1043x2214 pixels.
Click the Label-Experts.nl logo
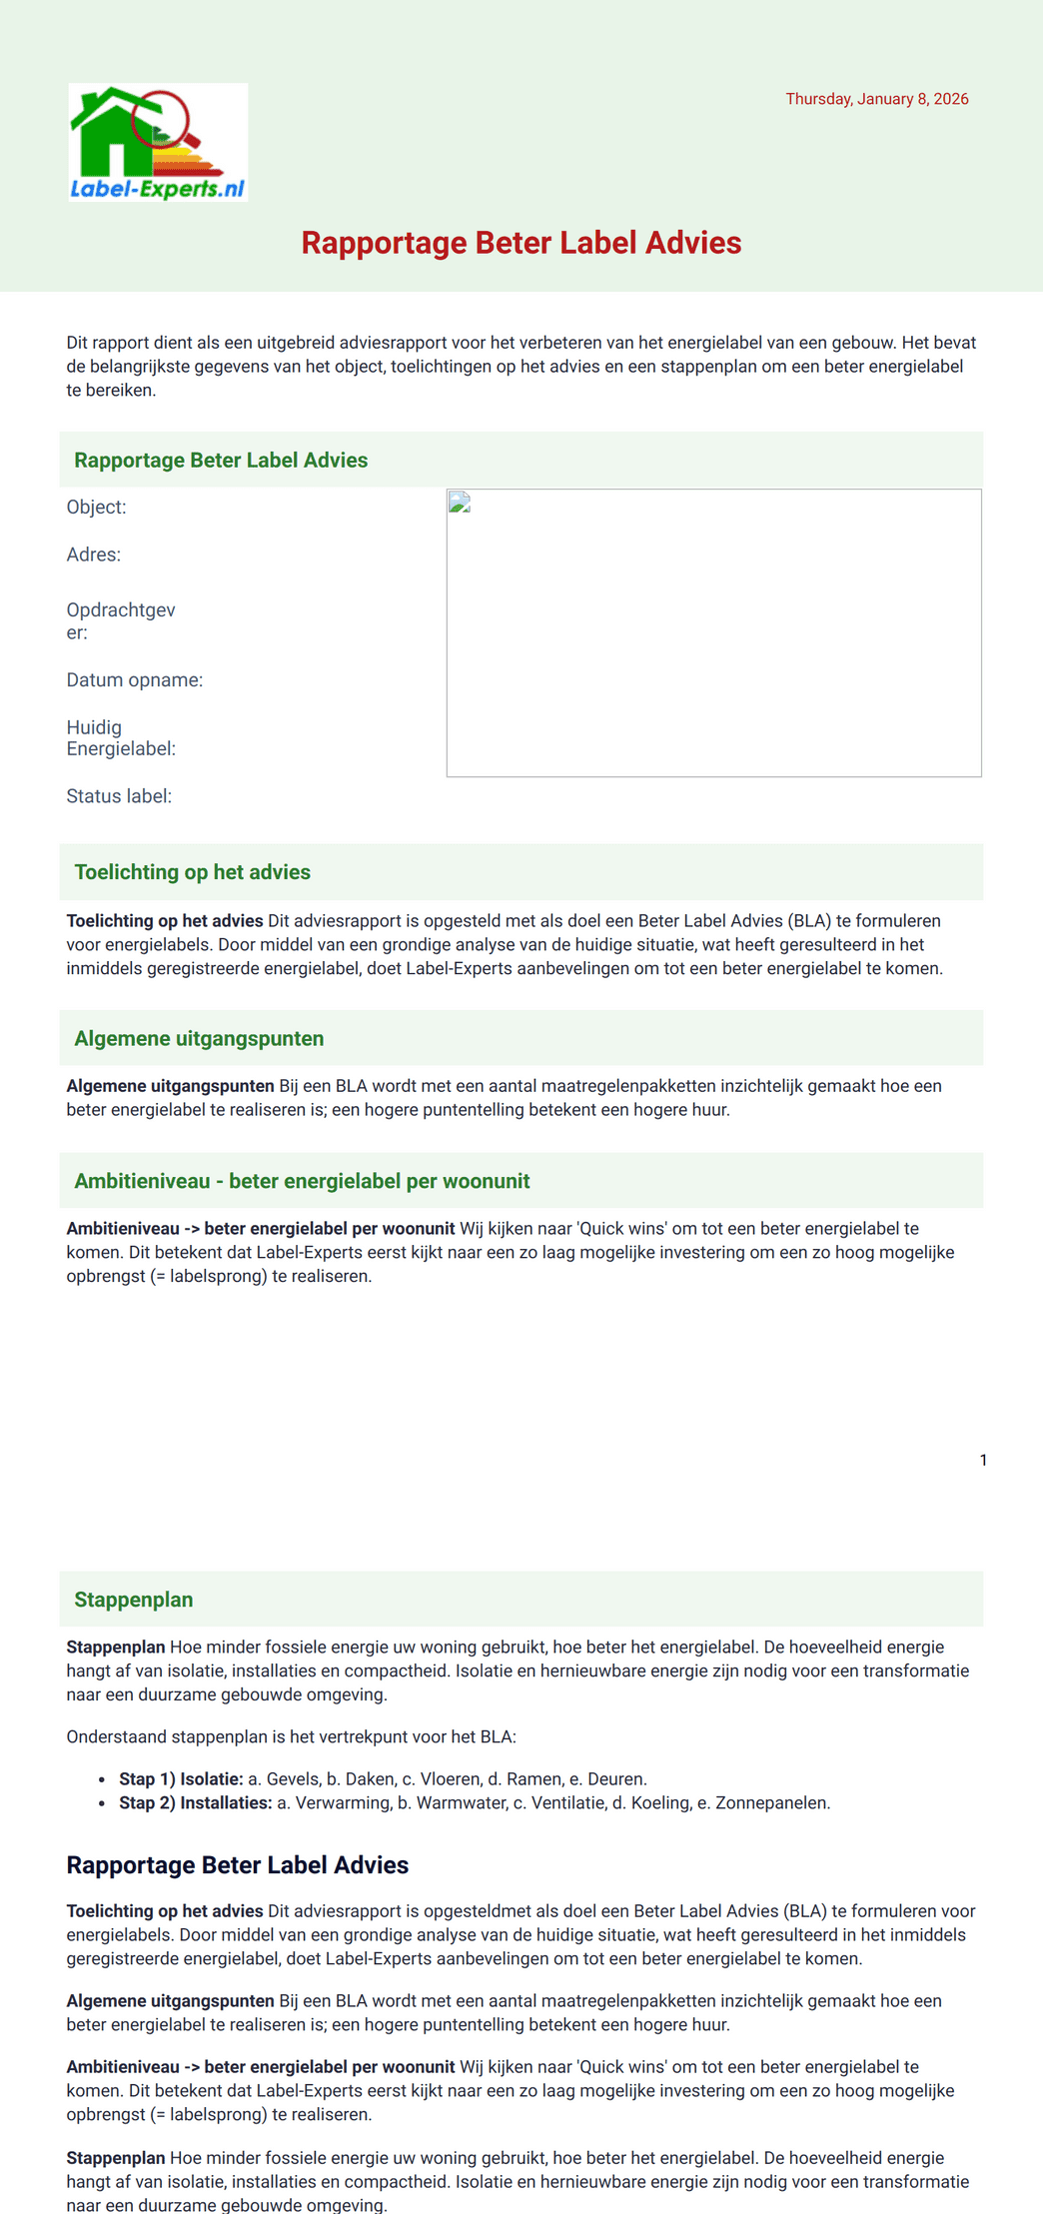[x=158, y=143]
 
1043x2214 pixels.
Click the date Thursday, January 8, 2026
[x=876, y=99]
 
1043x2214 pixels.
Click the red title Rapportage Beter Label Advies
[x=521, y=243]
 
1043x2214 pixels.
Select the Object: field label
[x=97, y=508]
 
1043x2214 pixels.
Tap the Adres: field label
[x=94, y=555]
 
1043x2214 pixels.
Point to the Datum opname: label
[x=135, y=680]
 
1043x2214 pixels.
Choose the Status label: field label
[x=119, y=796]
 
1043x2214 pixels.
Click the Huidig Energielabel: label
[x=121, y=738]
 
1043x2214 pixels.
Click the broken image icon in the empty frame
[x=460, y=503]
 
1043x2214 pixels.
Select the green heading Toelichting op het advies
[x=192, y=872]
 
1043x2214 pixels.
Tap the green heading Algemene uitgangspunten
[x=199, y=1039]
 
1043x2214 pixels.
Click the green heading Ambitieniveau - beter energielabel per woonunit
[x=302, y=1181]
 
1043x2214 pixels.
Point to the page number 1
[x=983, y=1461]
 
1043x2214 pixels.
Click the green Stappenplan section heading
[x=134, y=1600]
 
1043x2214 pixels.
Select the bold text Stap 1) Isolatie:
[x=181, y=1779]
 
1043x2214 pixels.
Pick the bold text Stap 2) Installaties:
[x=195, y=1803]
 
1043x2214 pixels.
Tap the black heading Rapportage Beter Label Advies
[x=237, y=1865]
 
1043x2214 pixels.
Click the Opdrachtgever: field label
[x=121, y=620]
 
